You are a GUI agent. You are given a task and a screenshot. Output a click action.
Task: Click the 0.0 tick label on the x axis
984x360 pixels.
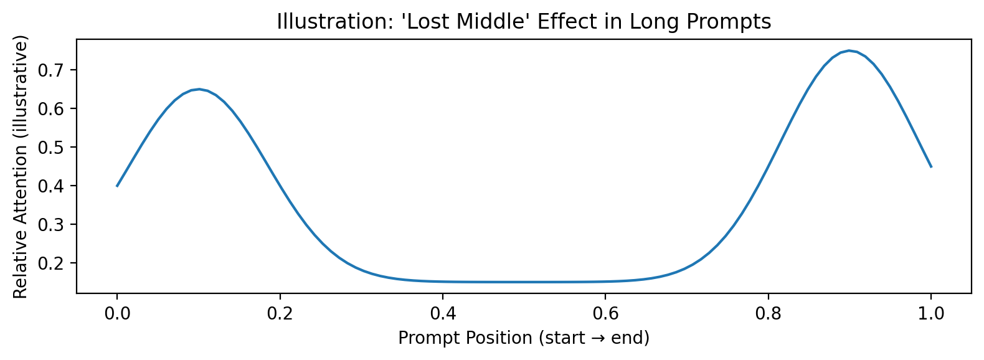coord(117,314)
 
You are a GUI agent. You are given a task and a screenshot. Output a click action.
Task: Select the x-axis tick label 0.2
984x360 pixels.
coord(280,314)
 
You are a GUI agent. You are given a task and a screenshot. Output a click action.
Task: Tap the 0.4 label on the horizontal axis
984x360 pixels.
coord(442,314)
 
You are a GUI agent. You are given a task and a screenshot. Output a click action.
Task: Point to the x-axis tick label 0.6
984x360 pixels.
coord(605,314)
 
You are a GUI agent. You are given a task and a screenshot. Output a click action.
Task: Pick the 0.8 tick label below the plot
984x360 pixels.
coord(768,314)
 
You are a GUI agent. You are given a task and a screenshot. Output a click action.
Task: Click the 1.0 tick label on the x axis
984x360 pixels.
coord(931,314)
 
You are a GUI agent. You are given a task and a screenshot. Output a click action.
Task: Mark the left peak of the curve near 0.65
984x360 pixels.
coord(199,89)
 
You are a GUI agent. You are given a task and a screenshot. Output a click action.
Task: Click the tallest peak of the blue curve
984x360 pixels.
coord(849,50)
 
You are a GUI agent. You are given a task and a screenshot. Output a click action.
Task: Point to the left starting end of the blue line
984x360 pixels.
coord(117,186)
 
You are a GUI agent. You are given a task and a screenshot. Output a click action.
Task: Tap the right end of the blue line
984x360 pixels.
coord(931,167)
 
